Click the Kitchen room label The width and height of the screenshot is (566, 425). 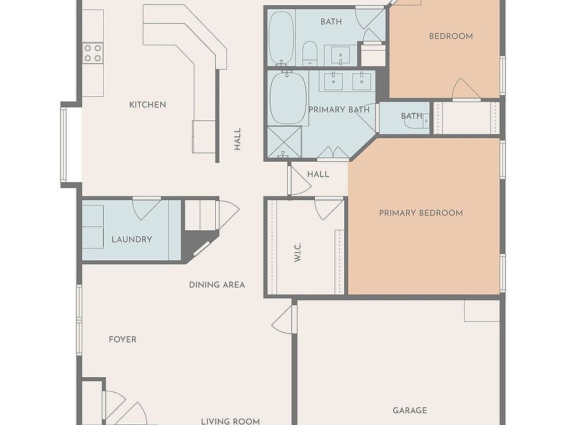147,105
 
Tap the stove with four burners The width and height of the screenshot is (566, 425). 93,53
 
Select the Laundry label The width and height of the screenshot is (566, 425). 131,239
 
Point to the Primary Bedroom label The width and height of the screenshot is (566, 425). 421,213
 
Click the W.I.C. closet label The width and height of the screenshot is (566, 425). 298,252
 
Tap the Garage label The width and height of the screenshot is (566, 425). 410,410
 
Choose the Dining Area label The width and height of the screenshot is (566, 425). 217,285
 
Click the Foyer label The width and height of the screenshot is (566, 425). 123,339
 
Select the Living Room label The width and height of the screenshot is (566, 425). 231,421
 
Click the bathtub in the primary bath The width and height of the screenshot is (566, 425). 288,98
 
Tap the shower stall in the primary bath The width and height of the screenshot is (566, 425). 284,142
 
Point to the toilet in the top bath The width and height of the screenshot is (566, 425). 310,54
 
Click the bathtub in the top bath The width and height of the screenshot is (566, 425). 282,38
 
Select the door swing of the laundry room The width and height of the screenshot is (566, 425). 147,209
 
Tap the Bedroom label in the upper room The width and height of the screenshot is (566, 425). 451,36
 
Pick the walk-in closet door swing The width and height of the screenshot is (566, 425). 329,209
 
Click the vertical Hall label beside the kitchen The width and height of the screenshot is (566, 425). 237,139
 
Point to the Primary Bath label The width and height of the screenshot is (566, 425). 339,110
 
